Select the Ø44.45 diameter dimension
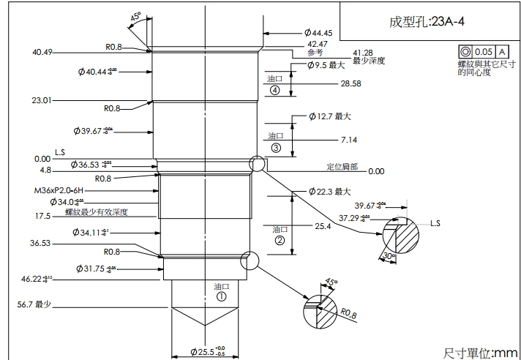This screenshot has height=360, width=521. click(x=318, y=33)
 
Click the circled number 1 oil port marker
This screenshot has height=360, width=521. click(x=221, y=297)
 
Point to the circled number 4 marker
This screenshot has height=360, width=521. click(x=274, y=91)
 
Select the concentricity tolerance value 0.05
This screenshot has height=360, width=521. click(x=483, y=52)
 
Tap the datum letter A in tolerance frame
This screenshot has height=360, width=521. click(x=502, y=52)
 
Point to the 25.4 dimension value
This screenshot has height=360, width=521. click(x=323, y=227)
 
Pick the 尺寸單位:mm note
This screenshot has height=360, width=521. click(x=480, y=353)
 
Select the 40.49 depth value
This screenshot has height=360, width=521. click(x=42, y=53)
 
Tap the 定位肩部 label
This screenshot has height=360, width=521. click(x=342, y=166)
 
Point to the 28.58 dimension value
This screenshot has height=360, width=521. click(x=351, y=84)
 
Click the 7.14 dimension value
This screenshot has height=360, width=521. click(x=349, y=139)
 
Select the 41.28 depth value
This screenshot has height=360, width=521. click(x=363, y=53)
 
